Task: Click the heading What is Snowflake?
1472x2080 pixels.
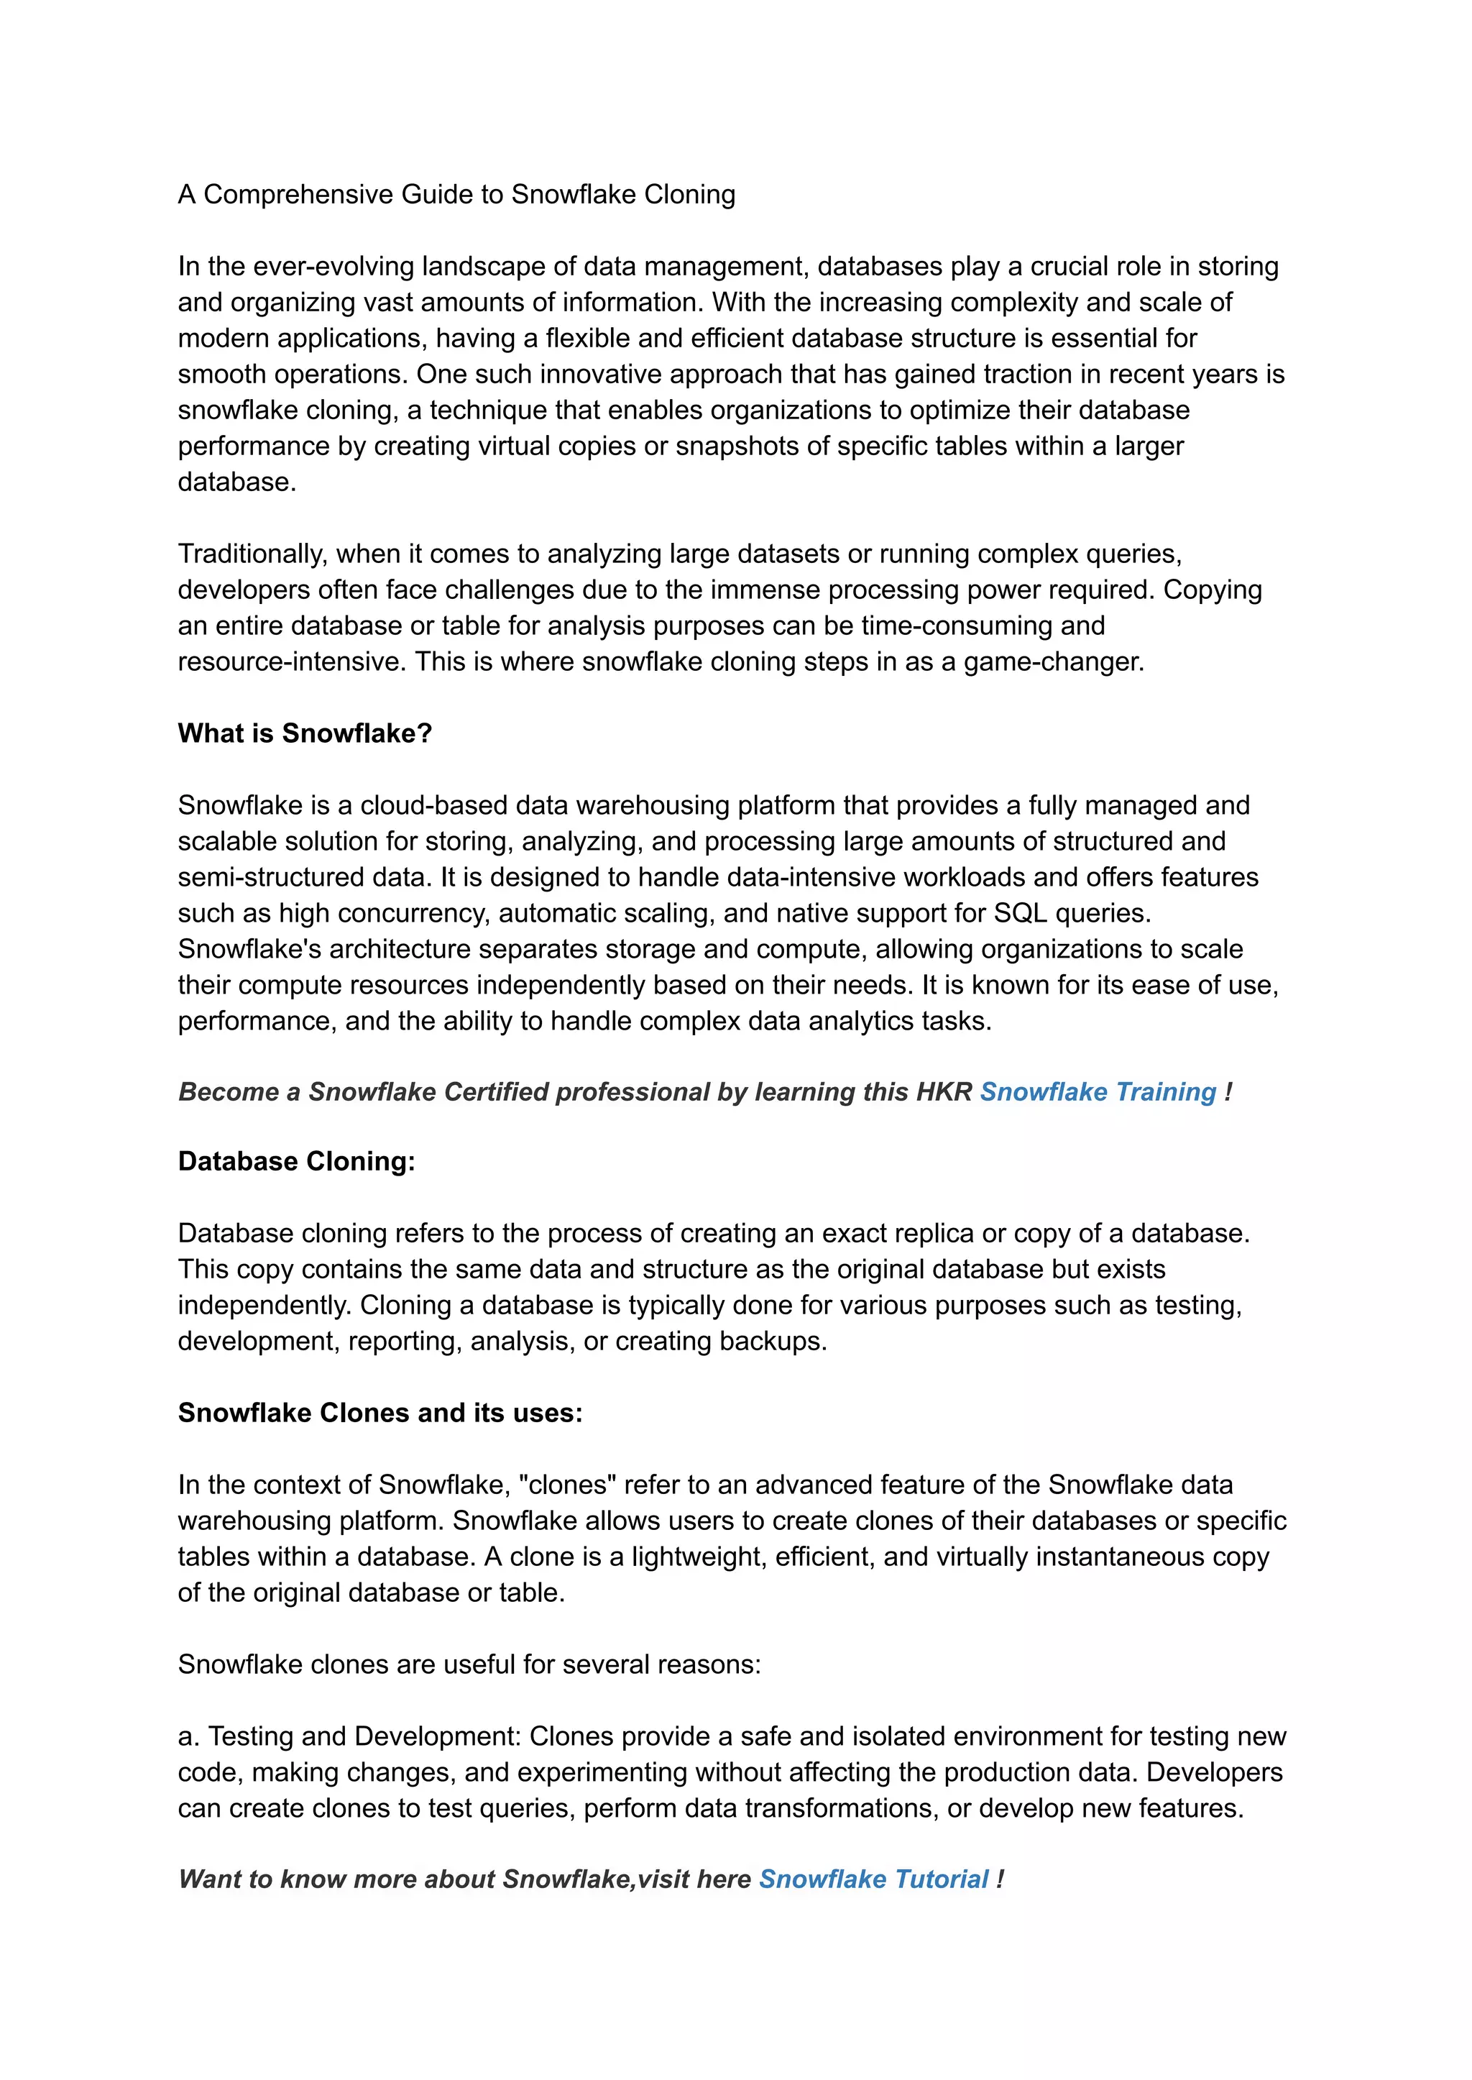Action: [305, 733]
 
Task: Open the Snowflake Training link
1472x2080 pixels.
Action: [1098, 1091]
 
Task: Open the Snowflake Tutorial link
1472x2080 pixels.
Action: [873, 1879]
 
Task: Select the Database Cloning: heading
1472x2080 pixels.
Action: [296, 1161]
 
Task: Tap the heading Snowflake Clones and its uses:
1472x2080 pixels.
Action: [379, 1413]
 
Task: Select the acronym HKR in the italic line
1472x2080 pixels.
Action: [944, 1091]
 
